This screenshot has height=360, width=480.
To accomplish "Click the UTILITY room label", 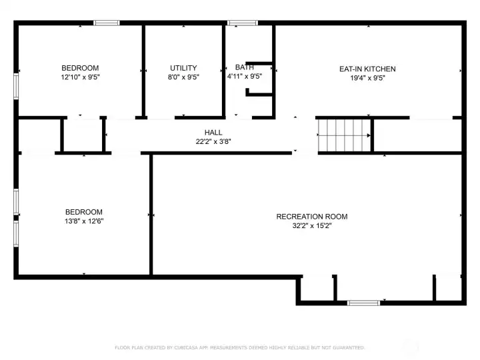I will (183, 68).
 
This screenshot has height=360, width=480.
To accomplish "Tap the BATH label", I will (245, 67).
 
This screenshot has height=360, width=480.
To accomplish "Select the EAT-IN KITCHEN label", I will (367, 69).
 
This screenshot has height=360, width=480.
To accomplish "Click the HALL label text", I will (213, 133).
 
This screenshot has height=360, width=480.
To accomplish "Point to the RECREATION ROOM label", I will (311, 217).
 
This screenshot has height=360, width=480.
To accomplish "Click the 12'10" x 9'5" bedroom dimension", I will (80, 77).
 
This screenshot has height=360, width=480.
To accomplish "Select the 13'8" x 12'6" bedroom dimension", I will (84, 221).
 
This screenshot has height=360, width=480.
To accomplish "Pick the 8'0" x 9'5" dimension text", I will (183, 77).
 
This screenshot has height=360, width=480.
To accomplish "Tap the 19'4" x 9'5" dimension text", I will (367, 78).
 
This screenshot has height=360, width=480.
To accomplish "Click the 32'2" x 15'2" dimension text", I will (311, 226).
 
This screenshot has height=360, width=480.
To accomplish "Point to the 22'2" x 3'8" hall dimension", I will (213, 142).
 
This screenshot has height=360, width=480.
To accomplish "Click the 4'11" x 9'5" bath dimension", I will (245, 77).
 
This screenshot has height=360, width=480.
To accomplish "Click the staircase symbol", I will (343, 135).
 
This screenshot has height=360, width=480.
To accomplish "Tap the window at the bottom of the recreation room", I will (363, 303).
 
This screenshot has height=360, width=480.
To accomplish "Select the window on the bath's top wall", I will (242, 23).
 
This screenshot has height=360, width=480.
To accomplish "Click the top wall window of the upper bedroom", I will (106, 23).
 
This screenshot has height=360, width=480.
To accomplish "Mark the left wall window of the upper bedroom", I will (17, 86).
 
